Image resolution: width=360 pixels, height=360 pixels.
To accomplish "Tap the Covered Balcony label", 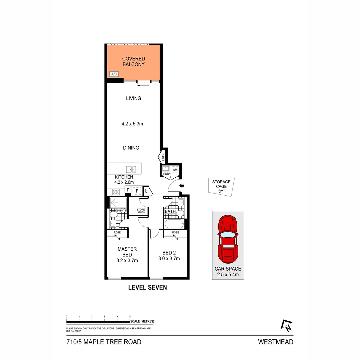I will pyautogui.click(x=133, y=62).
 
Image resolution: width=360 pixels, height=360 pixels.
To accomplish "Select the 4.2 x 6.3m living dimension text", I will pyautogui.click(x=132, y=124).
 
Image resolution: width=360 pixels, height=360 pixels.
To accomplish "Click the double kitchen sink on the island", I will pyautogui.click(x=131, y=169).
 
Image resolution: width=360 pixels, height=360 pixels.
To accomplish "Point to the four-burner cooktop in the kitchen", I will pyautogui.click(x=116, y=192).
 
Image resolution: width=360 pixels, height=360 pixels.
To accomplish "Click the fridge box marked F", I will pyautogui.click(x=137, y=191).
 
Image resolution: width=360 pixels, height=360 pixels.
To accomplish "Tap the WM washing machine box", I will pyautogui.click(x=175, y=170).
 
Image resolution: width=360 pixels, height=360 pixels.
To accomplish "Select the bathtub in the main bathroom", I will pyautogui.click(x=174, y=223).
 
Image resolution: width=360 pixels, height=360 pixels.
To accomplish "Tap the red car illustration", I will pyautogui.click(x=228, y=239).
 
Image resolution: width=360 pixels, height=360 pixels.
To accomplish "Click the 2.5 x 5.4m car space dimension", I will pyautogui.click(x=228, y=275).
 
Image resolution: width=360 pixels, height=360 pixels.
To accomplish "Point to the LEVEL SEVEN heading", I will pyautogui.click(x=147, y=287).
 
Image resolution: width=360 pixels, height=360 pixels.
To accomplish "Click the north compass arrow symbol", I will pyautogui.click(x=287, y=325).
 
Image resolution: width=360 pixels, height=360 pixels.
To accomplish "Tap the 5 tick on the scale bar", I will pyautogui.click(x=130, y=316).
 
